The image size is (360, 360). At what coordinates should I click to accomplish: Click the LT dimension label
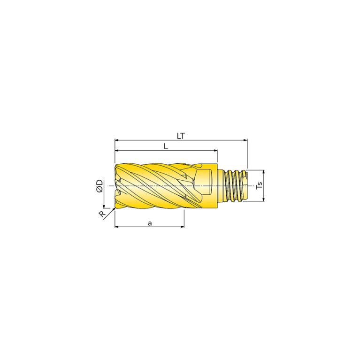click(x=181, y=136)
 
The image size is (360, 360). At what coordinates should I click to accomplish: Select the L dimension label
click(x=166, y=146)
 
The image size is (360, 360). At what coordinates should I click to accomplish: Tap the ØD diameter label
click(x=100, y=186)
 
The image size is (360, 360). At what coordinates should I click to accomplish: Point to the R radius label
click(x=102, y=214)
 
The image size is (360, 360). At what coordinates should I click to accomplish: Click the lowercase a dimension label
click(x=150, y=223)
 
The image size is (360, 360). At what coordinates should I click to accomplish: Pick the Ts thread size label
click(x=260, y=185)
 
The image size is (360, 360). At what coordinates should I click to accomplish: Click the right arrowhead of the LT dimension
click(x=245, y=140)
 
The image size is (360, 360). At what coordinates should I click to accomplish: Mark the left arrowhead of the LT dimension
click(x=116, y=140)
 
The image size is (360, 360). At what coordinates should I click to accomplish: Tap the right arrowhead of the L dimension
click(x=215, y=151)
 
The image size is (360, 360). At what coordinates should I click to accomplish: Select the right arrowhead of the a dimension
click(x=182, y=227)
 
